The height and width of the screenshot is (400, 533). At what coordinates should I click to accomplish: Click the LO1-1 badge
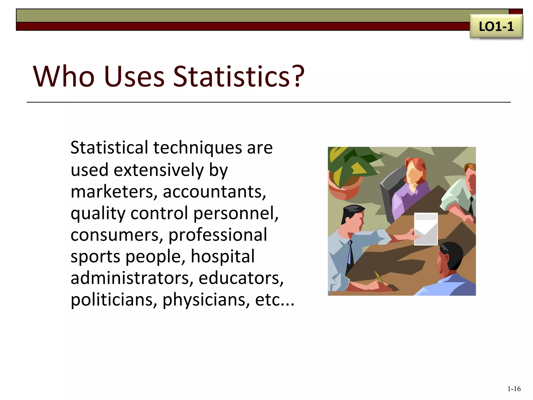point(496,27)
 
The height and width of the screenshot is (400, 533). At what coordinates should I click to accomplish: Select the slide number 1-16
point(514,389)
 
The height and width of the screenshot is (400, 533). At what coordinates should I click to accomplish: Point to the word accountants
point(214,192)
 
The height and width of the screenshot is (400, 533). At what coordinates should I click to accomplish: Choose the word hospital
point(223,256)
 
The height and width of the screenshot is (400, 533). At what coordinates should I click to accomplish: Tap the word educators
point(241,278)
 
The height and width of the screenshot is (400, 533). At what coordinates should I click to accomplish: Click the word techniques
point(198,148)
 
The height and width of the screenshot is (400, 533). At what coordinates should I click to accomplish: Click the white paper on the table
point(426,229)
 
